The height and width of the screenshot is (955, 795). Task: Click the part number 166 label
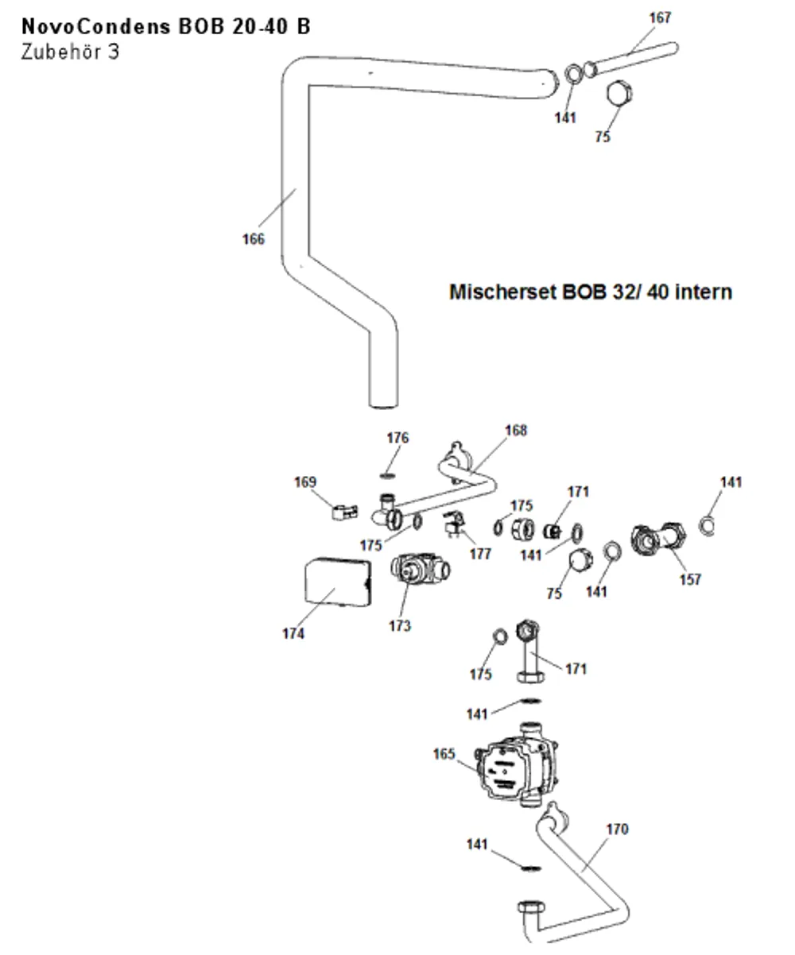tap(253, 238)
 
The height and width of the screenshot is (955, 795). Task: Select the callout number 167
tap(660, 17)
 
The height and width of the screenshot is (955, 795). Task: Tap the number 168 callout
tap(516, 431)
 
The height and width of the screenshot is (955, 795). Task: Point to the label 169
tap(304, 482)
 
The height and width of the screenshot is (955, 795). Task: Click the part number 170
tap(618, 829)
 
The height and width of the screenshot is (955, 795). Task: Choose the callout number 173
tap(400, 626)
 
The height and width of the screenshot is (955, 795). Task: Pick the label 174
tap(293, 633)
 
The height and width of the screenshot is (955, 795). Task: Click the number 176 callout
tap(397, 438)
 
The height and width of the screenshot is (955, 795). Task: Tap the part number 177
tap(480, 554)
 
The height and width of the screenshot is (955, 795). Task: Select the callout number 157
tap(690, 579)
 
